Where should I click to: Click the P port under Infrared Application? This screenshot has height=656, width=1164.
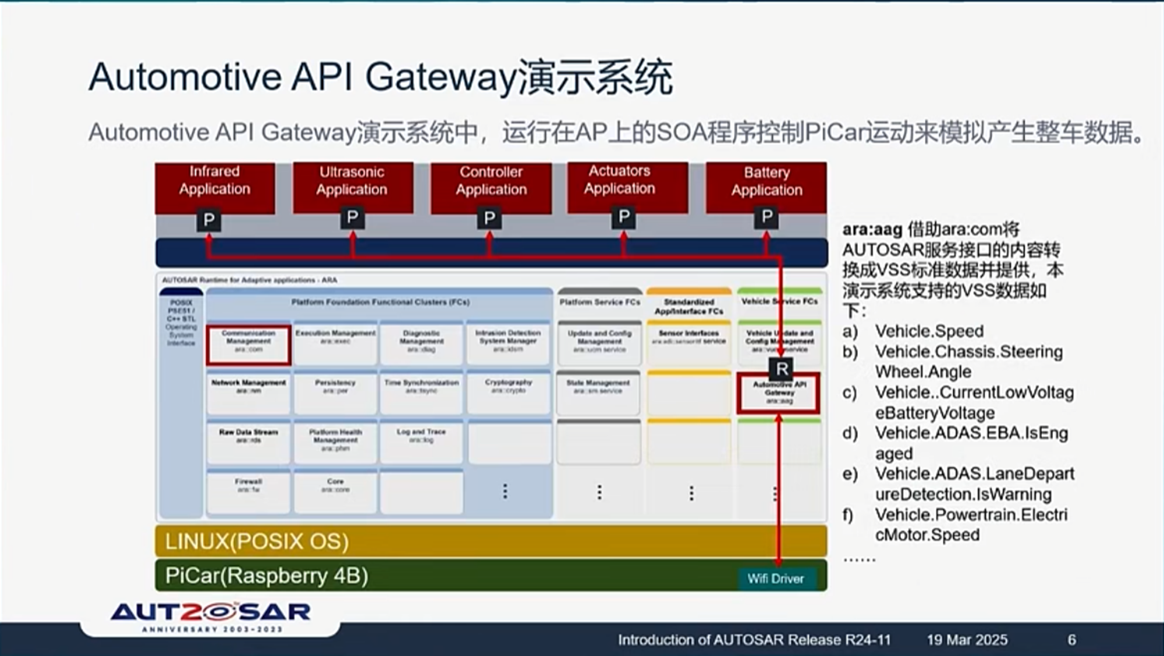[x=209, y=220]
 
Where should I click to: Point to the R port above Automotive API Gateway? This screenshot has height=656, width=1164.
[x=782, y=368]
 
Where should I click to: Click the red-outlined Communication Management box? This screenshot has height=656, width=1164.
[x=249, y=345]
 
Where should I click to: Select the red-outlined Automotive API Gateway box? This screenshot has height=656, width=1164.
[x=779, y=394]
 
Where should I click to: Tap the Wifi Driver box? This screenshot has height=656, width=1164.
[x=775, y=579]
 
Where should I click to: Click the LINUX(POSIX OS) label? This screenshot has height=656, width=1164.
[x=257, y=541]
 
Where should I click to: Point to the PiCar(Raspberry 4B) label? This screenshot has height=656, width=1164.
[x=267, y=576]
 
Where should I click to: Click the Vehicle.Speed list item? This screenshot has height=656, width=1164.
[x=929, y=331]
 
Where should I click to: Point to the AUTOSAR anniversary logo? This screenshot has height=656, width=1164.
[x=211, y=616]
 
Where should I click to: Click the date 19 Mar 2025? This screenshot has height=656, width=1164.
[x=967, y=640]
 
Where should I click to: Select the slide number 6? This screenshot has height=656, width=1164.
[x=1071, y=640]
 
